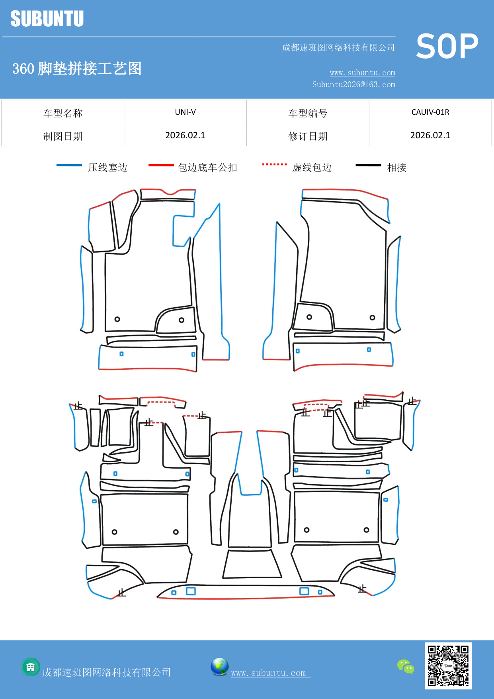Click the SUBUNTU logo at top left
(x=47, y=19)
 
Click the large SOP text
(x=447, y=47)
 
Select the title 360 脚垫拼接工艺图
(x=77, y=69)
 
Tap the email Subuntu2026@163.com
(x=353, y=84)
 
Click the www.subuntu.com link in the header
(x=362, y=73)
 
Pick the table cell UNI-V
(x=185, y=112)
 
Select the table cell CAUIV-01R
(x=430, y=112)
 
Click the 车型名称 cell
(x=63, y=113)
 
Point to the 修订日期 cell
(x=308, y=136)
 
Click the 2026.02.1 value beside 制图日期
(x=185, y=135)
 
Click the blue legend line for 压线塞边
(x=69, y=165)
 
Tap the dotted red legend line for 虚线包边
(x=274, y=164)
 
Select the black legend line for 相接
(x=368, y=165)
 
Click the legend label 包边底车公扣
(x=207, y=167)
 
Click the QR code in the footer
(x=448, y=666)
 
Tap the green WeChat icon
(x=406, y=666)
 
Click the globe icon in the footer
(x=219, y=667)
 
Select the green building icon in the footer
(x=31, y=667)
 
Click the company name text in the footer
(x=106, y=672)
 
